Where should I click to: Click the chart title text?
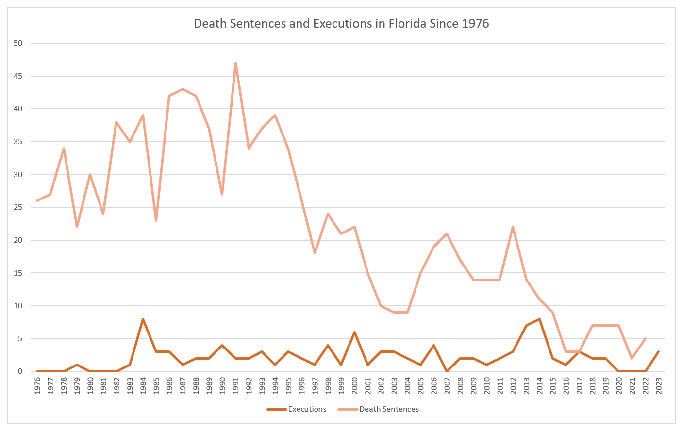coord(341,23)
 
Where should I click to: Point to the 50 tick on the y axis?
coord(18,43)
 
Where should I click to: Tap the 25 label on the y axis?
coord(18,207)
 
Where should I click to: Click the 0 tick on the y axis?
coord(20,371)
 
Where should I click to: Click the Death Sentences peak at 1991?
coord(235,63)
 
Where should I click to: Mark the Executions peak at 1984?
coord(143,319)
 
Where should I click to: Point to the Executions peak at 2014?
coord(539,319)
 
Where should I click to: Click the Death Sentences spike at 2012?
coord(513,227)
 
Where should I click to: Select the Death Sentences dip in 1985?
coord(156,220)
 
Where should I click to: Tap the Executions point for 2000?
coord(354,332)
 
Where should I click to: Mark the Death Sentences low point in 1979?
coord(77,227)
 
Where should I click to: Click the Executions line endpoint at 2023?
coord(658,351)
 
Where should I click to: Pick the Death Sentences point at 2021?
coord(632,358)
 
